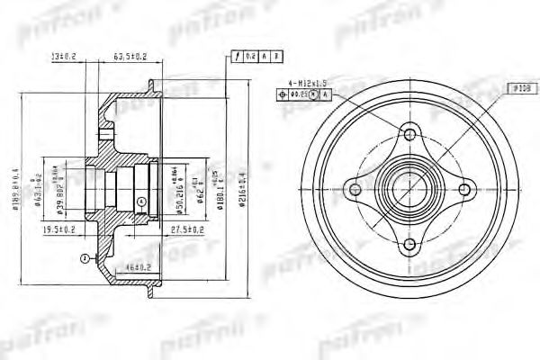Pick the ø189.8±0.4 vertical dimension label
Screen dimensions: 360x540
point(15,185)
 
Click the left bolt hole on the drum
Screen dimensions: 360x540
point(355,187)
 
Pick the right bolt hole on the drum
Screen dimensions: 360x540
point(466,187)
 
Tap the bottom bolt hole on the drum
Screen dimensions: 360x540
point(410,243)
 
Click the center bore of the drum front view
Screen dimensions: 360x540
point(410,187)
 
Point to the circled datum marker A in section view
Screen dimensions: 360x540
point(83,257)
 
